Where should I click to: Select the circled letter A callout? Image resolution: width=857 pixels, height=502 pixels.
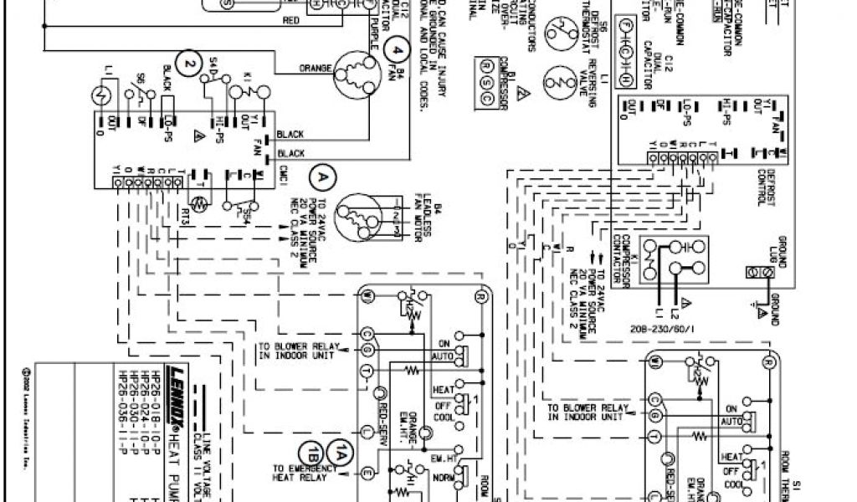(321, 177)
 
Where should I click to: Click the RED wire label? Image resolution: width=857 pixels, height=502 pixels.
(292, 20)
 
